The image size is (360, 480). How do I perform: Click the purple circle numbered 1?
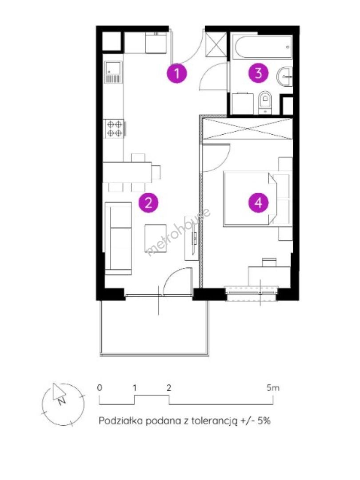[176, 73]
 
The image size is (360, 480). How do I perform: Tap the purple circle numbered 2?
[148, 202]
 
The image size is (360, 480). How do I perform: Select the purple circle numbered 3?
[258, 73]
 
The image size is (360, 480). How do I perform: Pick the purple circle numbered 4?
[258, 202]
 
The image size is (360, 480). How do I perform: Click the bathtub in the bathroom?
[262, 47]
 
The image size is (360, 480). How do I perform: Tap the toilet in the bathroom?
[265, 102]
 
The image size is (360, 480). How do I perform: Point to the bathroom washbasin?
[285, 76]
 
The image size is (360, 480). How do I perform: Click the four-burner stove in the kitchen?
[115, 128]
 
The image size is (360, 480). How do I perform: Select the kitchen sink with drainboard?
[113, 72]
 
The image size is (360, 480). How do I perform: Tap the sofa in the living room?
[119, 238]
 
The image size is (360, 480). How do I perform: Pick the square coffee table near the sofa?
[156, 238]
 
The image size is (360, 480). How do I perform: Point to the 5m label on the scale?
[273, 388]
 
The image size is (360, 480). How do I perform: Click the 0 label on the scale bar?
[100, 388]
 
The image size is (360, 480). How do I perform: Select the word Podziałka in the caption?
[120, 420]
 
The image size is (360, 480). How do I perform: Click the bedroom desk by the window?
[269, 276]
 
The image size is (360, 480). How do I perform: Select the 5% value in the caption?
[264, 420]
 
